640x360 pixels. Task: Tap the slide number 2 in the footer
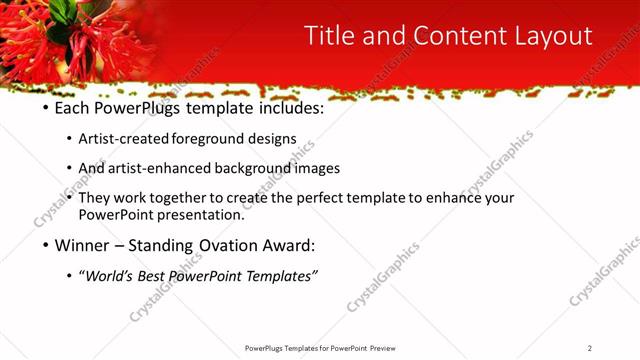click(590, 348)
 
